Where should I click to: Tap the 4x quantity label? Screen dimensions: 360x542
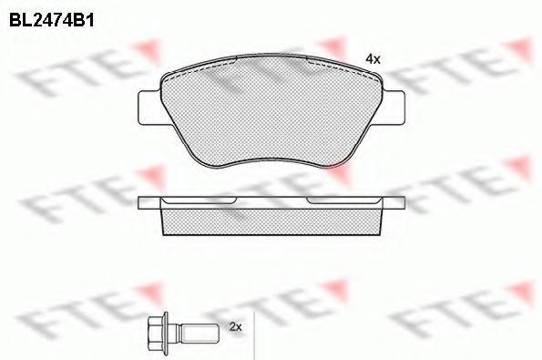coord(372,58)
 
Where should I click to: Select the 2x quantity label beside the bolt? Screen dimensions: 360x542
coord(235,326)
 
